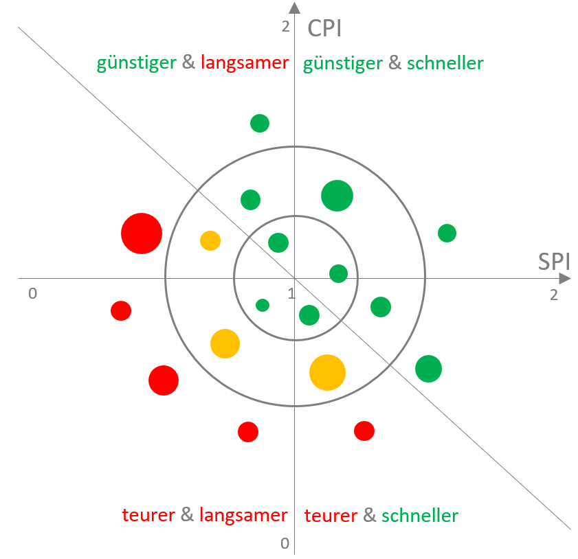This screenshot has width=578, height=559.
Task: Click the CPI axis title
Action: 324,29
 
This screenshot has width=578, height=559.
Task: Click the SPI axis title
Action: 554,262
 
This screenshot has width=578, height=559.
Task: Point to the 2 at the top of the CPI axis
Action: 286,27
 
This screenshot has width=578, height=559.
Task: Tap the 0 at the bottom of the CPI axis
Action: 285,543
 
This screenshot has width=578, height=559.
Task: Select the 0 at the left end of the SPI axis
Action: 33,293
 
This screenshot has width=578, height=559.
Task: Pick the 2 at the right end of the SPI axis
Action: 554,295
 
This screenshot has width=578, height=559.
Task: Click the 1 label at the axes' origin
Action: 291,293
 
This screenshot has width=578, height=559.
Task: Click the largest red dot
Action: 142,233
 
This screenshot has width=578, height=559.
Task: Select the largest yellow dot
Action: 327,372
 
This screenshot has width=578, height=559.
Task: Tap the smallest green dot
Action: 263,306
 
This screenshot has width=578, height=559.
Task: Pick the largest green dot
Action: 337,196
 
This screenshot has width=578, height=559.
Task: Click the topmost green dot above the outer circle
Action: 260,124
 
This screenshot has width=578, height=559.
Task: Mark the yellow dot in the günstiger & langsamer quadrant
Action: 210,241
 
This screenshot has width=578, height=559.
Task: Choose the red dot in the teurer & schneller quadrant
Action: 364,431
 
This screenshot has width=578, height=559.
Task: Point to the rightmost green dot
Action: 447,233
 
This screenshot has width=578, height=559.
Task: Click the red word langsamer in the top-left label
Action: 245,62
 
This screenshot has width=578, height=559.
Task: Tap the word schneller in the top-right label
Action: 445,63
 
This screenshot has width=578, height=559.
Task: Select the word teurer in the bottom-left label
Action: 148,515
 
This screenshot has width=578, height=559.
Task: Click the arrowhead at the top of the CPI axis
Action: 295,8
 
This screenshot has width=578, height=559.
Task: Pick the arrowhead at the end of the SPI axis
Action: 565,278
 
